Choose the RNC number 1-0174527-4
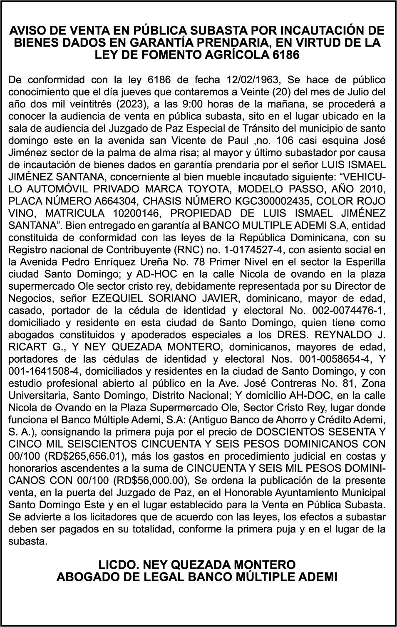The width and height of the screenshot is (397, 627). (249, 250)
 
